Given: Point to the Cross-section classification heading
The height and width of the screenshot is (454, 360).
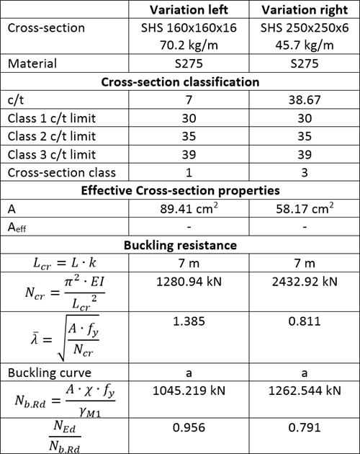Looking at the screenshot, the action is pos(179,82).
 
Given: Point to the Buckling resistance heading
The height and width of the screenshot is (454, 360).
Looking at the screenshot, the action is pos(179,245).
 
